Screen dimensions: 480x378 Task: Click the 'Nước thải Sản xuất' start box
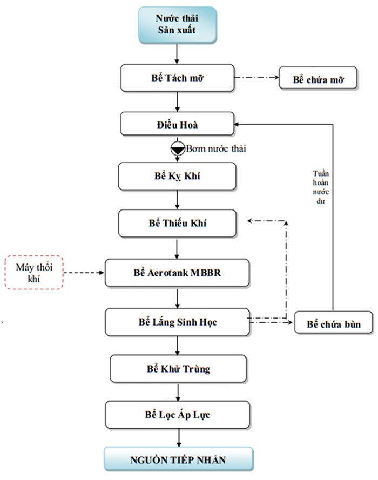pos(177,25)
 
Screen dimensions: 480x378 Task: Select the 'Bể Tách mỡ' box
pos(177,78)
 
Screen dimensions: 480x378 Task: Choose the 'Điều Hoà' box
pos(177,124)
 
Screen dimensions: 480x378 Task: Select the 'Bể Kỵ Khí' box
pos(177,176)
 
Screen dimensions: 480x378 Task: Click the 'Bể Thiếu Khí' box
pos(177,224)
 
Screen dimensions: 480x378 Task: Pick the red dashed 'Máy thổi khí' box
pos(34,273)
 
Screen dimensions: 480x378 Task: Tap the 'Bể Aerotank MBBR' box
pos(177,273)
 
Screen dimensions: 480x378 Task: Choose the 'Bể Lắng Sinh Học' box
pos(177,322)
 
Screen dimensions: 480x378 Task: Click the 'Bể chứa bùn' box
pos(334,324)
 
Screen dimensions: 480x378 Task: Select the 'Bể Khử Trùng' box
pos(178,369)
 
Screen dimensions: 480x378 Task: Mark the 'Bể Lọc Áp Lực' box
pos(178,415)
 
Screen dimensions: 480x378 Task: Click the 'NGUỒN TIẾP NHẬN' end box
pos(178,460)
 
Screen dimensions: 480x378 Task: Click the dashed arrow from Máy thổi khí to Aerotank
pos(84,273)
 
